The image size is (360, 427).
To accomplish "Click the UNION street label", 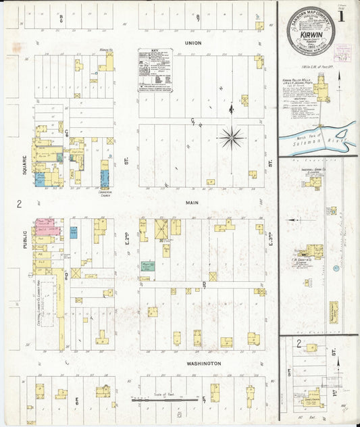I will pyautogui.click(x=193, y=42).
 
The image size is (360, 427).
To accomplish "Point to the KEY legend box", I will pyautogui.click(x=155, y=70).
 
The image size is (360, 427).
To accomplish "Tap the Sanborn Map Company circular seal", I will pyautogui.click(x=310, y=30).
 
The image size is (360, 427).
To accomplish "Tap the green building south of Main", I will pyautogui.click(x=148, y=266).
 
